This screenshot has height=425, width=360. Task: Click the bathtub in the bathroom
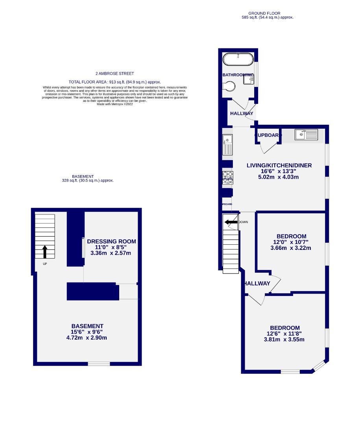pos(238,60)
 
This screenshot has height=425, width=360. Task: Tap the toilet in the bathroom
pos(228,86)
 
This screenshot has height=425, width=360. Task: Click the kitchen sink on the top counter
pos(306,135)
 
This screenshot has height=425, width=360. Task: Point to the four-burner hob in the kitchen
pos(227,177)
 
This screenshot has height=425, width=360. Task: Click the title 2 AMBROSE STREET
pos(114,74)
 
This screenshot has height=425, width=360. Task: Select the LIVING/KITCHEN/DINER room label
pos(279,165)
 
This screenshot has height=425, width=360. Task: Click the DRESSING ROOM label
pos(111,241)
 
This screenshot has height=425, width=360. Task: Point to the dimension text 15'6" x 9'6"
pos(87,332)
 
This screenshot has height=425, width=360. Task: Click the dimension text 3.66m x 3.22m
pos(291,248)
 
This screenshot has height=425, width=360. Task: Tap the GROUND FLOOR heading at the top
pos(267,13)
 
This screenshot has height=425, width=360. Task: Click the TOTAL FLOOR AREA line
pos(114,81)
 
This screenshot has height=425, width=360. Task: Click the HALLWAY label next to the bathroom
pos(242,114)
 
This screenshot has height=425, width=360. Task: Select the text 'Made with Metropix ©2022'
pos(114,104)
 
